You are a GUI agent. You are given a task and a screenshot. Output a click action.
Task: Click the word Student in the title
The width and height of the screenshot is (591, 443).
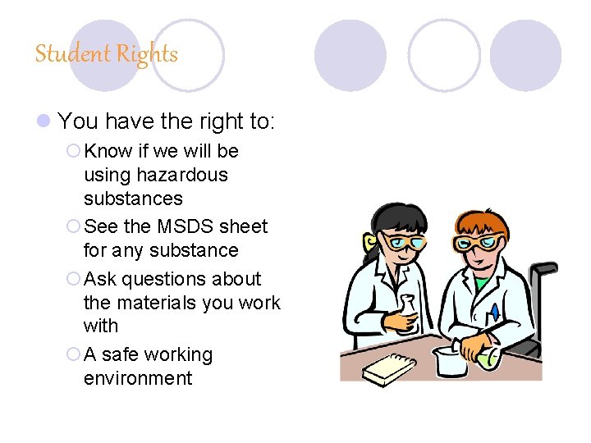[73, 55]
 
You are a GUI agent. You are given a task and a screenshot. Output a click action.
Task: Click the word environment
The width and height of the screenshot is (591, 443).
[138, 378]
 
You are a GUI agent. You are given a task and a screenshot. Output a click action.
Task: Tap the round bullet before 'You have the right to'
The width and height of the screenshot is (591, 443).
[44, 122]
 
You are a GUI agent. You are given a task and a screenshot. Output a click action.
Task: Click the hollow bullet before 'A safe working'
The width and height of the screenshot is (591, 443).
[73, 355]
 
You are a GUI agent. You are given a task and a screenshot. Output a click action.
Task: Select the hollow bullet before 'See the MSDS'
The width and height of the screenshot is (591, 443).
[73, 226]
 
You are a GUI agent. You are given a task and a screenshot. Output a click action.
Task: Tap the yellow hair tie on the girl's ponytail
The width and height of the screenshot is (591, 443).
[372, 242]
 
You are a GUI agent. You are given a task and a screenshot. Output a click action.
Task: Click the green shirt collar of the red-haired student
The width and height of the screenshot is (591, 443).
[482, 283]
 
